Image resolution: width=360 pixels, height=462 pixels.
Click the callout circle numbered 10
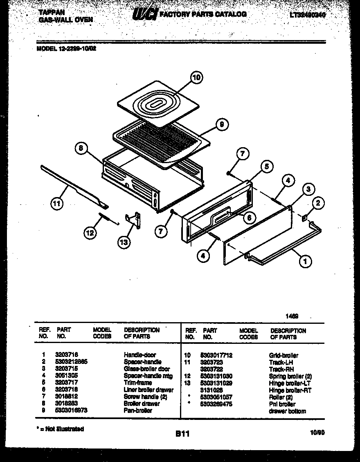[197, 78]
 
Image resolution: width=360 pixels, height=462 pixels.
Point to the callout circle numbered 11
[57, 204]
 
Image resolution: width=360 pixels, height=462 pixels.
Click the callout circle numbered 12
[90, 233]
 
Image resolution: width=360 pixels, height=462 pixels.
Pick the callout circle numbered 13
[124, 242]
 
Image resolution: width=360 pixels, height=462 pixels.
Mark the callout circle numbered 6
[249, 218]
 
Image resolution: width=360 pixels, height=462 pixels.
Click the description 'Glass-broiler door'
[146, 369]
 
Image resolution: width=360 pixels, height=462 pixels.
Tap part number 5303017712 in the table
[216, 355]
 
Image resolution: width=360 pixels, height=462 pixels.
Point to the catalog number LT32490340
[308, 16]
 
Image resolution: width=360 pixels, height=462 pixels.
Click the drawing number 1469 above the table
[292, 316]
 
